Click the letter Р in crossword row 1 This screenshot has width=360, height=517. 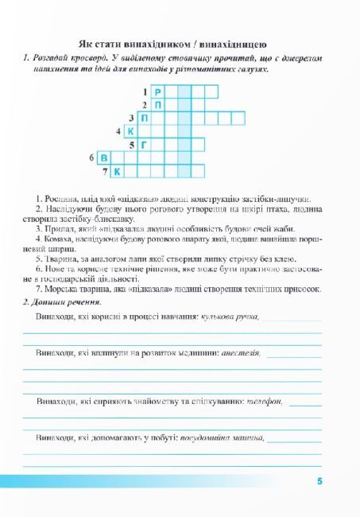point(157,92)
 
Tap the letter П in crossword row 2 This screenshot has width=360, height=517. point(157,105)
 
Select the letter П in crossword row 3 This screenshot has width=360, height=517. point(145,119)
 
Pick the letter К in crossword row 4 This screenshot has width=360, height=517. point(131,131)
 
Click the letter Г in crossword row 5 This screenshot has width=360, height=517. point(145,145)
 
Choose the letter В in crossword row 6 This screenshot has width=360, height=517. point(105,158)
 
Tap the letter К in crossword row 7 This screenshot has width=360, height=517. point(118,171)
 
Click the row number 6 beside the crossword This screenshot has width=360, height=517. point(92,158)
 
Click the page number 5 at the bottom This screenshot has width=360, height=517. point(319,481)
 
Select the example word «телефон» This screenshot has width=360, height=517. point(265,402)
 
